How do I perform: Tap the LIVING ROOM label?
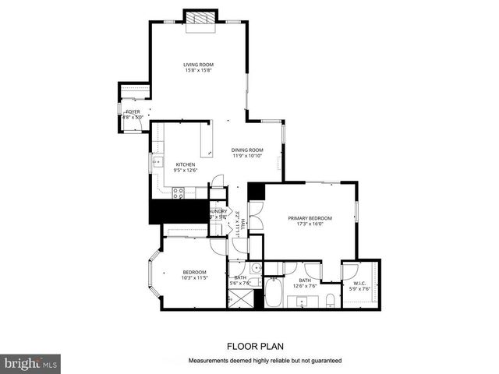click(199, 65)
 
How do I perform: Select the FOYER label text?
click(133, 111)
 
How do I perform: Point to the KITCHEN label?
click(185, 164)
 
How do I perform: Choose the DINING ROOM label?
click(247, 150)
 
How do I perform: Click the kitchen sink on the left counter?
click(157, 162)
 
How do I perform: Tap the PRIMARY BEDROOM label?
click(310, 218)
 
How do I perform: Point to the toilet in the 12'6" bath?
click(331, 301)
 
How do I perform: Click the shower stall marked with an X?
click(233, 298)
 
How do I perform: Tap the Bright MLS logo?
click(31, 363)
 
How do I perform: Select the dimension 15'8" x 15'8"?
click(199, 71)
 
